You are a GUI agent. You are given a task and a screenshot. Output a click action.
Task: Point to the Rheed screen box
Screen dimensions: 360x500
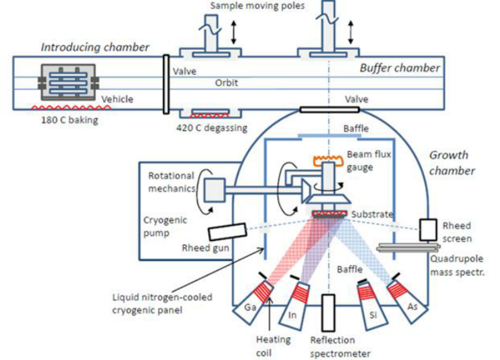(428, 229)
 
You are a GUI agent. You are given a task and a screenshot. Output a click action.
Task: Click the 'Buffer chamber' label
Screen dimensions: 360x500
(399, 68)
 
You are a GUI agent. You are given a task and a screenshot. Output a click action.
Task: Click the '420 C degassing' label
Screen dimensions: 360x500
(212, 126)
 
